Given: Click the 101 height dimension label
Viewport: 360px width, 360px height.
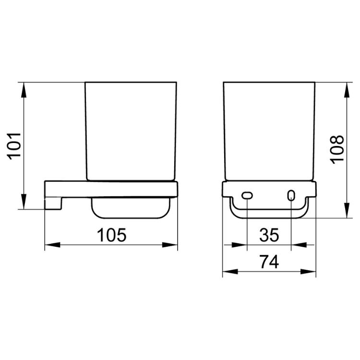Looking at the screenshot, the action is click(14, 146).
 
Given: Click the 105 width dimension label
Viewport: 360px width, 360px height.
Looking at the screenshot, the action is click(111, 235).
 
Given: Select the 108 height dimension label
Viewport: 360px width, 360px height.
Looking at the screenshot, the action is click(337, 149).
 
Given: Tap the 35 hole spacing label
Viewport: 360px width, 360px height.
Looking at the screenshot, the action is click(269, 235).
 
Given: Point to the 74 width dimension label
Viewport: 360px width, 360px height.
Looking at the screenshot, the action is click(269, 262).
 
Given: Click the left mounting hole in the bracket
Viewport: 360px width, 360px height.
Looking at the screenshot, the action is click(247, 196).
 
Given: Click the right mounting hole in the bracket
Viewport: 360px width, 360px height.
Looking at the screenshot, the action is click(291, 196).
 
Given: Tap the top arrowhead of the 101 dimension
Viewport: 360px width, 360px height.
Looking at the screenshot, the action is click(24, 90).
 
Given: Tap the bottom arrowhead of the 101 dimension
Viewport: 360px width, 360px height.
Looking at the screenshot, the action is click(24, 201).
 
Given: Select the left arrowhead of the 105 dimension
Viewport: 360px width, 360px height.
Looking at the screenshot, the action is click(52, 245).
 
